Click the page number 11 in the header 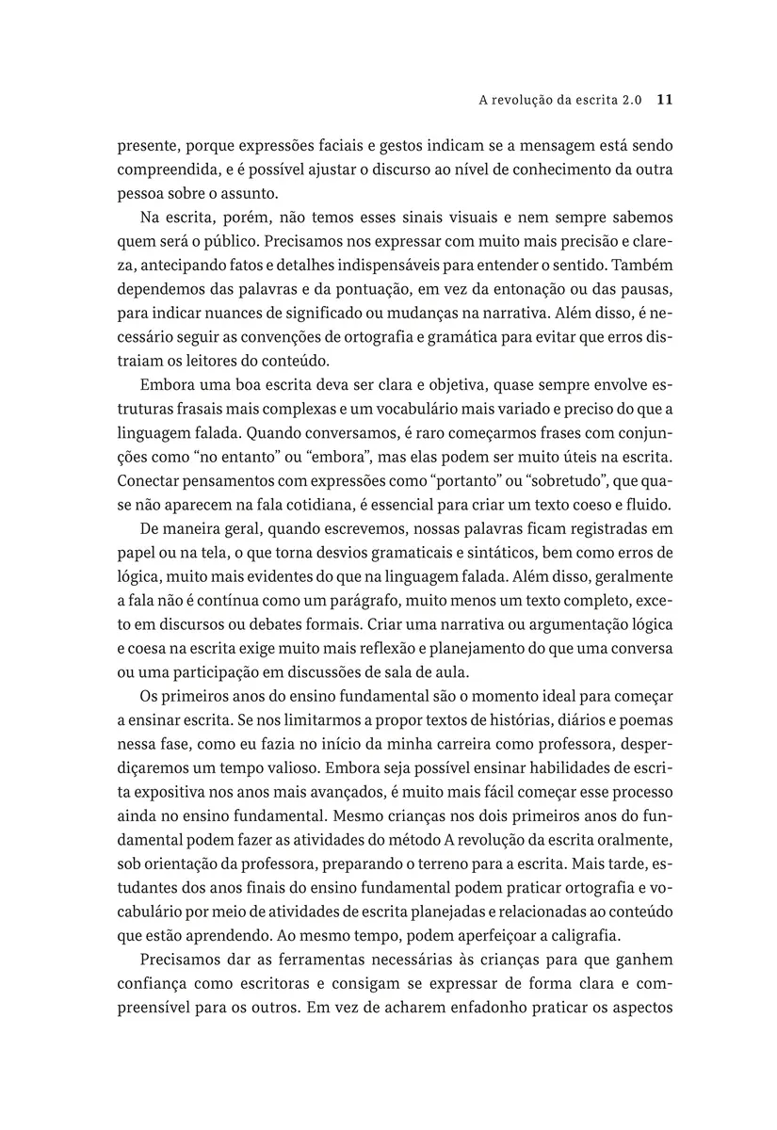pos(663,99)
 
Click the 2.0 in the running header pos(632,99)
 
